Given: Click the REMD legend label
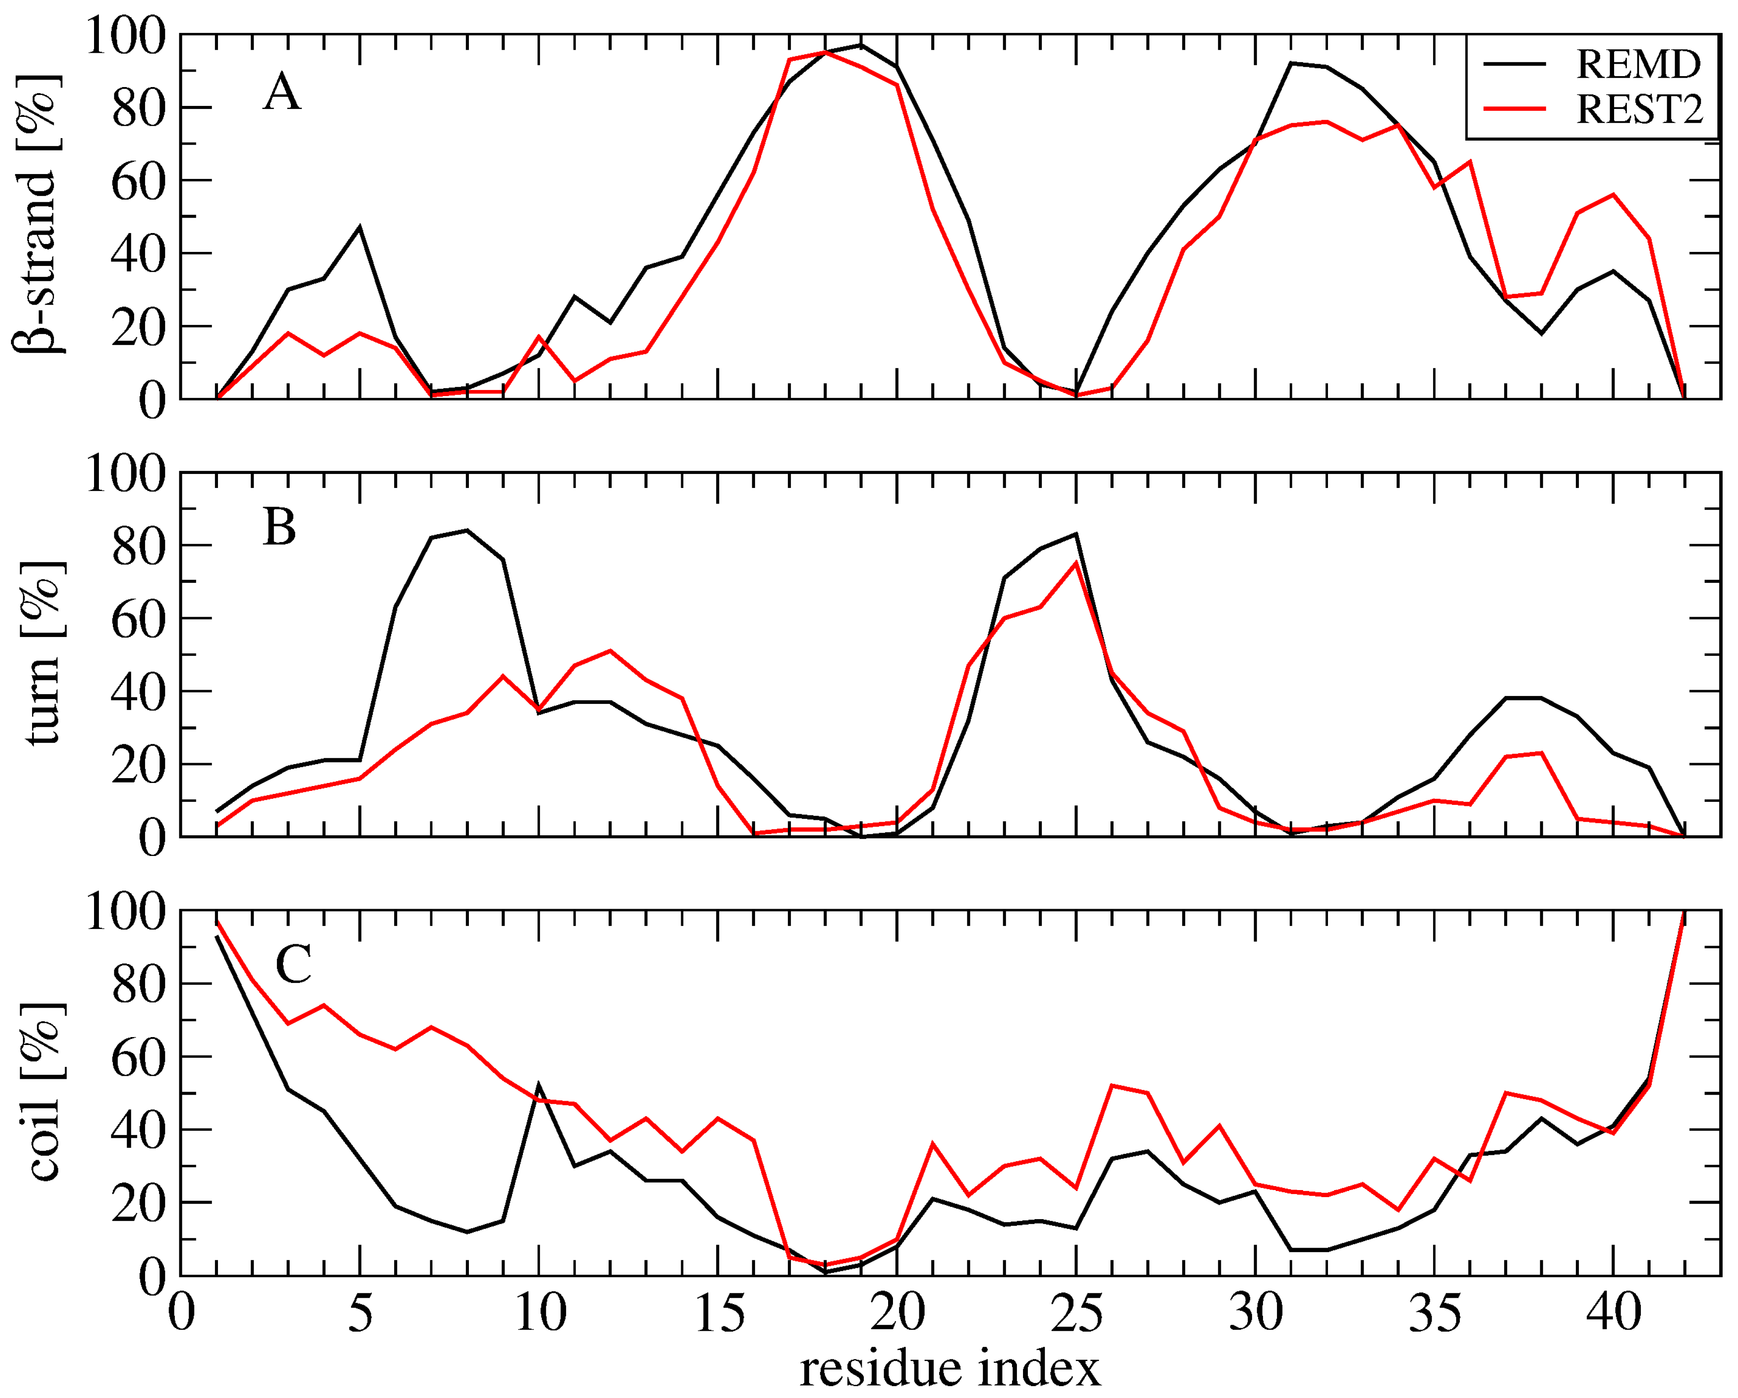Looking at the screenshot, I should point(1638,65).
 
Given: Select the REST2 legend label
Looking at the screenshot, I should point(1640,109).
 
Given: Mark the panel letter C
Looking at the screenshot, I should point(294,964).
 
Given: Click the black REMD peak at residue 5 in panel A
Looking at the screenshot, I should point(360,227).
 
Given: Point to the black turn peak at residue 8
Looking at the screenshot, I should point(468,531).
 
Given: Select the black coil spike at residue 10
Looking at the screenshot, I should point(538,1085).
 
